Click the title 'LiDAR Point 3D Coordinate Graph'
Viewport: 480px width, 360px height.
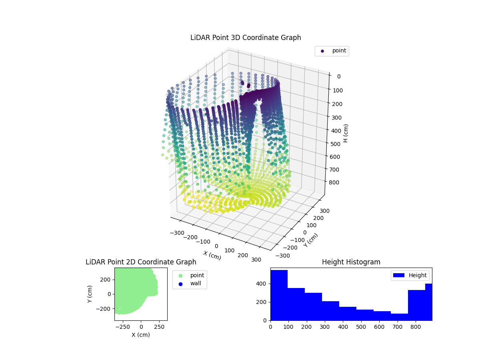click(x=246, y=38)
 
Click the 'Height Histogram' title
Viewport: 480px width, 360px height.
click(x=351, y=262)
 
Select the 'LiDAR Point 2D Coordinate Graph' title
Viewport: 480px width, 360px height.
click(x=141, y=262)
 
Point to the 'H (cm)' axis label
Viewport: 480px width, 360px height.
click(x=346, y=133)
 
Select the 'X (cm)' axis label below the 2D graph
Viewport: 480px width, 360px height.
click(x=141, y=335)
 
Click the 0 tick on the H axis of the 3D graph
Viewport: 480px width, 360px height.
click(x=338, y=76)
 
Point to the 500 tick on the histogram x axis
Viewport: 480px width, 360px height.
click(x=361, y=326)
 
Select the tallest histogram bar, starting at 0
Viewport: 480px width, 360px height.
click(x=279, y=295)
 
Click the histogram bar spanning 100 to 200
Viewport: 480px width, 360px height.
click(x=296, y=304)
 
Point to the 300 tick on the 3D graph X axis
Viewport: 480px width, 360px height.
click(x=256, y=260)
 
